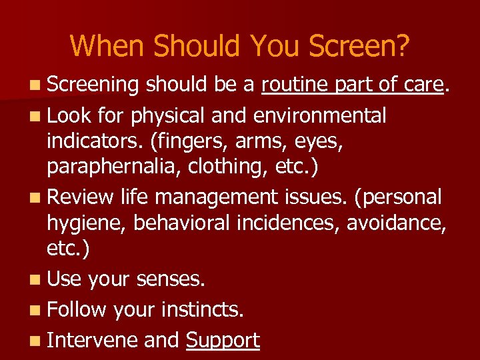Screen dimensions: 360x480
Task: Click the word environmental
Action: coord(320,115)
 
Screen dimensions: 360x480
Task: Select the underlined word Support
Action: coord(223,340)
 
